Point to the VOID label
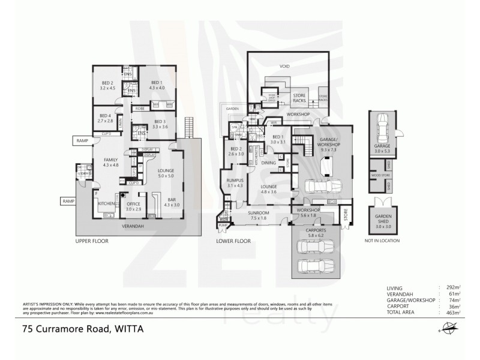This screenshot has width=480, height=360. pos(284,67)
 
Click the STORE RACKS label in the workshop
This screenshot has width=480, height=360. pos(299,98)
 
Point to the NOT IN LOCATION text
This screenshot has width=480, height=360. pos(382,241)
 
